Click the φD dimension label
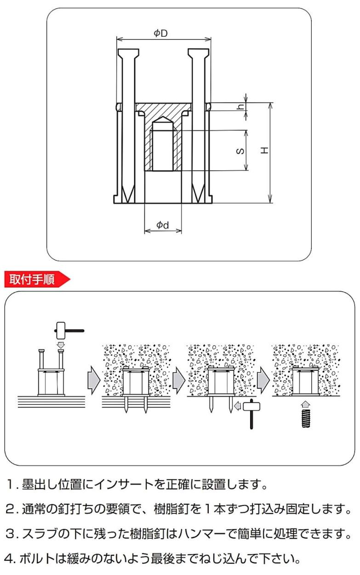click(x=160, y=33)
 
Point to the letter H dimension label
click(x=264, y=150)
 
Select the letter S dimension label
click(x=240, y=151)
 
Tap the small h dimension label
click(x=240, y=106)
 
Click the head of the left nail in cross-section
click(x=129, y=54)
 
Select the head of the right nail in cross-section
click(x=198, y=54)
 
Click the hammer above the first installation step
click(x=69, y=331)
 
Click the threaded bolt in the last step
click(x=305, y=419)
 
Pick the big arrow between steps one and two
click(x=94, y=380)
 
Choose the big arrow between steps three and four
click(x=263, y=380)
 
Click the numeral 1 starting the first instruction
click(x=10, y=485)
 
